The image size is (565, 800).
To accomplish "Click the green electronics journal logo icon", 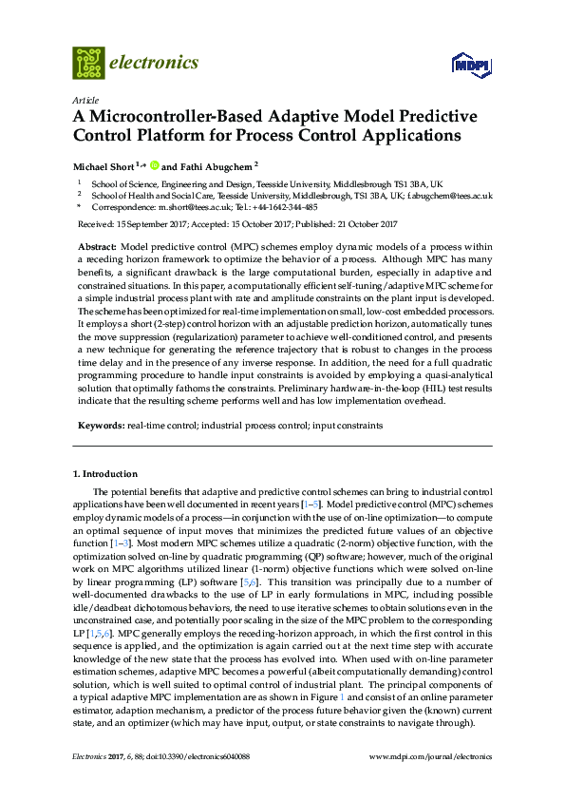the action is pyautogui.click(x=88, y=63).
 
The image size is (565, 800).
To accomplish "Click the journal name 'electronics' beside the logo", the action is pyautogui.click(x=155, y=63).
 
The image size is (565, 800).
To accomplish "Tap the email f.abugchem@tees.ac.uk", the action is pyautogui.click(x=450, y=195).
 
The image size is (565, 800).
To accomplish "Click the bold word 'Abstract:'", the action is pyautogui.click(x=96, y=245).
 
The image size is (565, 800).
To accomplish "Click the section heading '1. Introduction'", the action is pyautogui.click(x=104, y=473).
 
